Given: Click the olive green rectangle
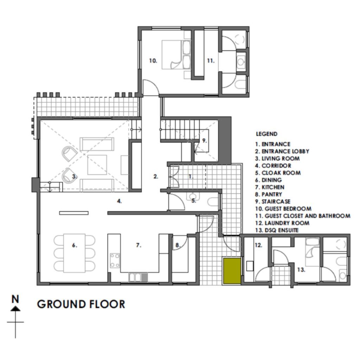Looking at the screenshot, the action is pos(232,271).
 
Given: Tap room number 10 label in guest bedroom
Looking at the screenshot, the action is pos(153,60).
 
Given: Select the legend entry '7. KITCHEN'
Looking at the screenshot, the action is pos(270,187).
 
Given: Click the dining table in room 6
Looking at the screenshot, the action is pos(75,253).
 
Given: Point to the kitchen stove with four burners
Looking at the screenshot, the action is pos(115,261).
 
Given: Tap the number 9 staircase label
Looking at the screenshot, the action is pos(204,141).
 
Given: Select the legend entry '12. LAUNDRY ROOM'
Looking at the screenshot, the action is pos(282,223).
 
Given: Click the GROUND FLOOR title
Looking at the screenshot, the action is pos(81,304).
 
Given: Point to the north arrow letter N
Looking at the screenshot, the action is pos(15,299).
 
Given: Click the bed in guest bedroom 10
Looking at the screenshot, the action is pos(176,54).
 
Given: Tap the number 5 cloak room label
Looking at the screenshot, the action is pos(194,201).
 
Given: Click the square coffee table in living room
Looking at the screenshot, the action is pos(97,165).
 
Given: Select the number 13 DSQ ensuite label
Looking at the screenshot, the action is pos(301,270).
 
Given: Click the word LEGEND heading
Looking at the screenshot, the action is pos(266,134).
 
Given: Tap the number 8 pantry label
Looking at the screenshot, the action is pos(178,245).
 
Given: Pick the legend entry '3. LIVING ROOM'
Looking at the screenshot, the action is pos(277,159).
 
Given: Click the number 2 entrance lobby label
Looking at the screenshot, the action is pos(156,176).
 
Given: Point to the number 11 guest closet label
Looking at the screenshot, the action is pos(211,60).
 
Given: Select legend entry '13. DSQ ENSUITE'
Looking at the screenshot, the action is pos(277,230).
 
